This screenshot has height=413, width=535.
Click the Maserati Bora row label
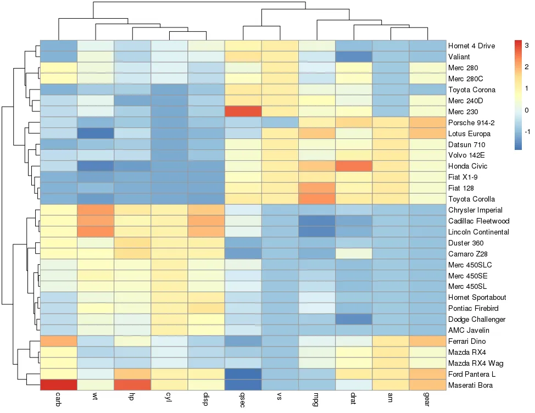[470, 386]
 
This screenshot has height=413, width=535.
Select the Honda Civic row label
[467, 166]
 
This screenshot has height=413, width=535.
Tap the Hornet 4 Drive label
[472, 46]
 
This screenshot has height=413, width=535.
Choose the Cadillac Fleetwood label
[479, 221]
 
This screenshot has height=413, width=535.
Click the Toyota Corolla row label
[471, 199]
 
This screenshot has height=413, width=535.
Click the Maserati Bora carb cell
[59, 386]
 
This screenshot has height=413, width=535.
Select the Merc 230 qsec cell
[243, 111]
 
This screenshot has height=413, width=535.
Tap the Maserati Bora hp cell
[132, 386]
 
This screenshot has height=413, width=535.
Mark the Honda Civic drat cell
[354, 166]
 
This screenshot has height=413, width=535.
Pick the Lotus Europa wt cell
[96, 133]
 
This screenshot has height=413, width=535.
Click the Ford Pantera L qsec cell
[243, 375]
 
